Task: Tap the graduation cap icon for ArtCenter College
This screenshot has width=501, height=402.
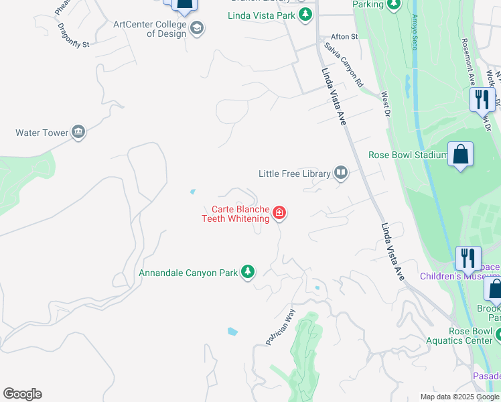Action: [198, 28]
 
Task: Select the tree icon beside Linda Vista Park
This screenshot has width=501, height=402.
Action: [305, 14]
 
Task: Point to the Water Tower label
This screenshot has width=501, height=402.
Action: [42, 133]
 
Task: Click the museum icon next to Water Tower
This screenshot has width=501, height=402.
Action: [78, 132]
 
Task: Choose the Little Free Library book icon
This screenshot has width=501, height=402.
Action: [341, 174]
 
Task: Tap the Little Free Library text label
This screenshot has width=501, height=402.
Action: [295, 174]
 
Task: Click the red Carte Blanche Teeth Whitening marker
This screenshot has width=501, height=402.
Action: [279, 214]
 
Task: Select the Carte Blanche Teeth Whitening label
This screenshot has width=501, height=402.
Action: [236, 214]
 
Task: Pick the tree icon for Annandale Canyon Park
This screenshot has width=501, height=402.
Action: [248, 272]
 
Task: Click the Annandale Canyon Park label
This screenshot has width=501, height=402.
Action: [188, 273]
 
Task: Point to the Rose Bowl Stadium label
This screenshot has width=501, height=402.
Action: [408, 155]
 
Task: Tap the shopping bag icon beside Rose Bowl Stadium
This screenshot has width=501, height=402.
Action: [461, 155]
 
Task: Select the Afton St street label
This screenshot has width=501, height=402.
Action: [345, 37]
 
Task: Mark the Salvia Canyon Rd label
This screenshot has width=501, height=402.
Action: [343, 66]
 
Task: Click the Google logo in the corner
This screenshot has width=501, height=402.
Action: [22, 394]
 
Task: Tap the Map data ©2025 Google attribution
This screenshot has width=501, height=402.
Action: [459, 397]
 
